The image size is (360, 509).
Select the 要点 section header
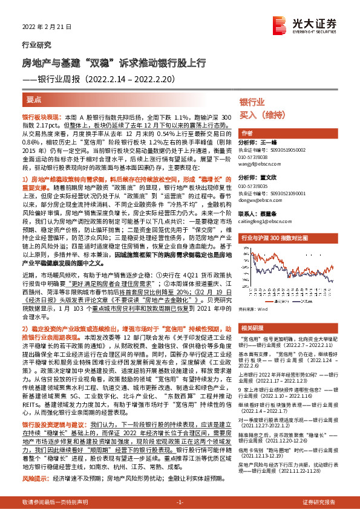click(x=34, y=99)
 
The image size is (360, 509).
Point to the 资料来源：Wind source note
click(x=254, y=308)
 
